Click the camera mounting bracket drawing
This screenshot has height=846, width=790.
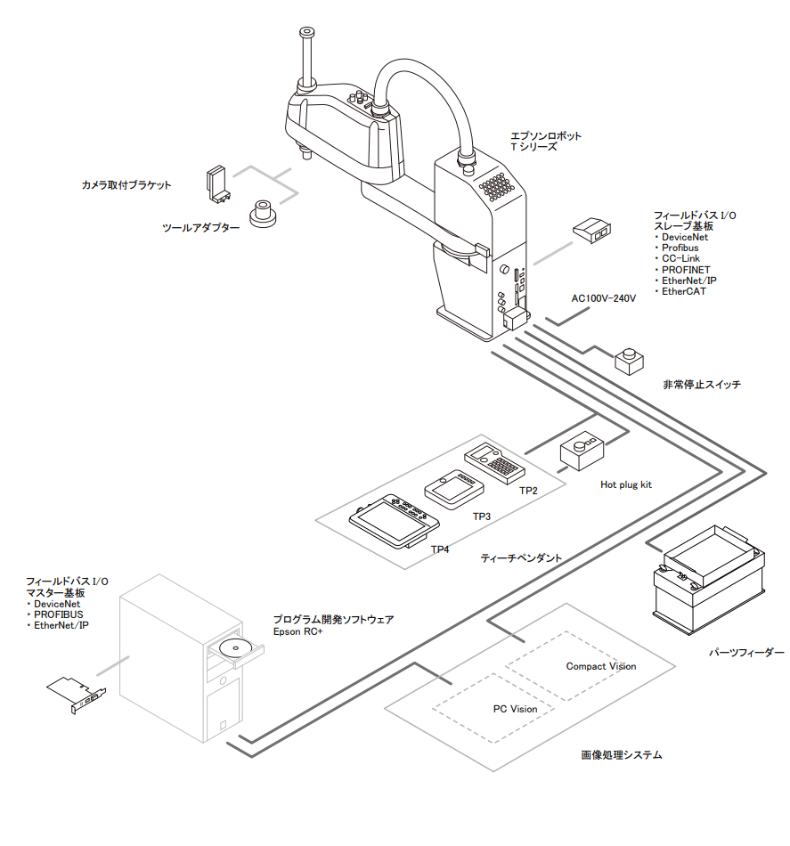pyautogui.click(x=218, y=184)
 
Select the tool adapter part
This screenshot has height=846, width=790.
pyautogui.click(x=263, y=214)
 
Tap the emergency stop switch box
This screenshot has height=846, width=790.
pyautogui.click(x=629, y=362)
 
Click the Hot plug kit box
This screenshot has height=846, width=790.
pyautogui.click(x=582, y=451)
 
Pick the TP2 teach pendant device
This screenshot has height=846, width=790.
pyautogui.click(x=494, y=463)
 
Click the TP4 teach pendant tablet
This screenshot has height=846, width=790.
pyautogui.click(x=394, y=521)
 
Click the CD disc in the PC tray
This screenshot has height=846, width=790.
pyautogui.click(x=235, y=647)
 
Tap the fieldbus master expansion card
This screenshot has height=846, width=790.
pyautogui.click(x=76, y=695)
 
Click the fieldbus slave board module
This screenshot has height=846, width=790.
pyautogui.click(x=591, y=230)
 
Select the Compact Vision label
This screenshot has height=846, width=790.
pyautogui.click(x=600, y=666)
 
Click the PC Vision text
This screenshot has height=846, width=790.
pyautogui.click(x=515, y=709)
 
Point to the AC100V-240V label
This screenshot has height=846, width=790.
pyautogui.click(x=603, y=298)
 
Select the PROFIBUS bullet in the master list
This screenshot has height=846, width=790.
pyautogui.click(x=55, y=614)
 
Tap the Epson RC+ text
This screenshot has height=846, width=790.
pyautogui.click(x=297, y=631)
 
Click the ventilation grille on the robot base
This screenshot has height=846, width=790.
pyautogui.click(x=495, y=186)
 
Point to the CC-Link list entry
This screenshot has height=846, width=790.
pyautogui.click(x=677, y=258)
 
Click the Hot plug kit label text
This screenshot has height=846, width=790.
pyautogui.click(x=626, y=484)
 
